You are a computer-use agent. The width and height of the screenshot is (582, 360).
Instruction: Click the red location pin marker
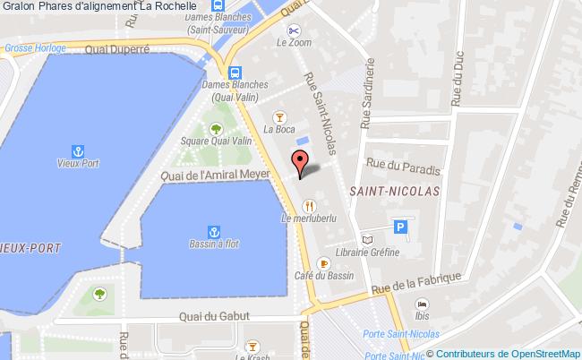tap(301, 162)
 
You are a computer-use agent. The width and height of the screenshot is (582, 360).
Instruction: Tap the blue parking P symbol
tap(403, 227)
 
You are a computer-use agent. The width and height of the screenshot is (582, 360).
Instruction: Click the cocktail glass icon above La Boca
tap(279, 117)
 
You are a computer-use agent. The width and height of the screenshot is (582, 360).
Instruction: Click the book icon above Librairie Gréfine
tap(365, 239)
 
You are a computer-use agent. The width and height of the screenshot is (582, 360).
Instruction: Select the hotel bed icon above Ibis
tap(422, 304)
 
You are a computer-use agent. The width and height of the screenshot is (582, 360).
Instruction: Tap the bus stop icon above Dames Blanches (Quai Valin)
tap(235, 73)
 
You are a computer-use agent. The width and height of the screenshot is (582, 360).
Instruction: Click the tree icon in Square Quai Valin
tap(215, 128)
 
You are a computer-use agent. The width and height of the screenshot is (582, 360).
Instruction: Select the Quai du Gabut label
tap(214, 316)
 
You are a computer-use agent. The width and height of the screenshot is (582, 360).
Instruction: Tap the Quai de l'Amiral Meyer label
tap(215, 176)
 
